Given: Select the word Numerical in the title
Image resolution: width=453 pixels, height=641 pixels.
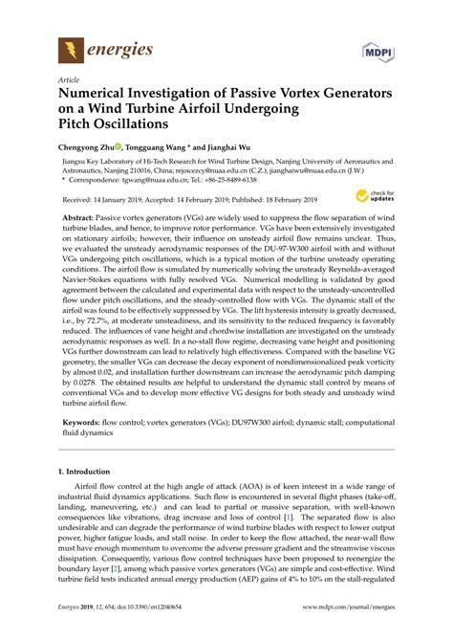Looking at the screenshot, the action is (97, 96).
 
